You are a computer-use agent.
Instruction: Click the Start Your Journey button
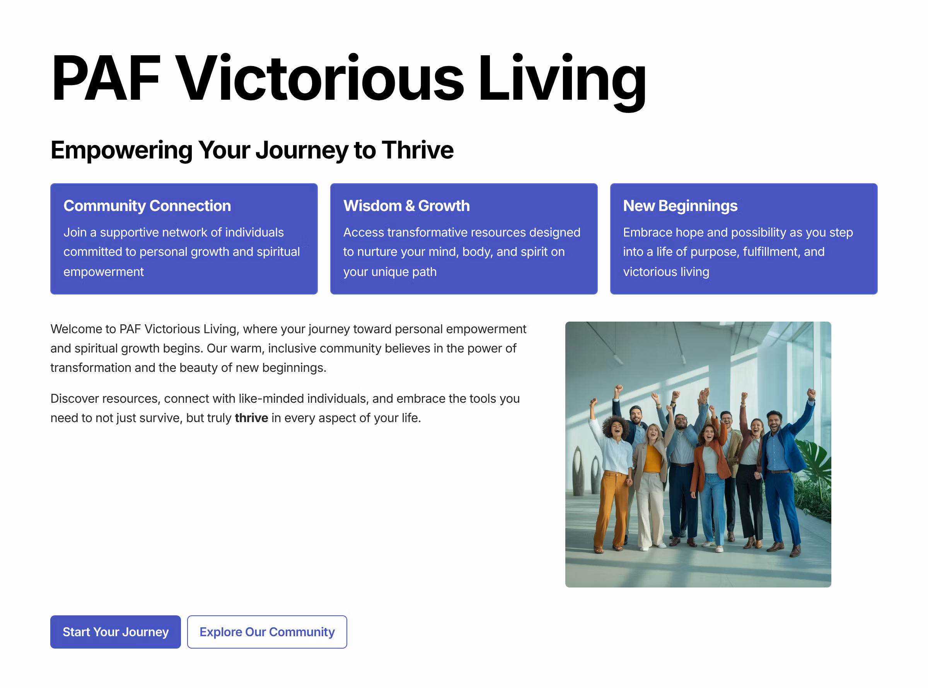coord(115,632)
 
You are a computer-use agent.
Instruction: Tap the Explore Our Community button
coord(267,632)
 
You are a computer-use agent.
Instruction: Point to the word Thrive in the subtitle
coord(417,150)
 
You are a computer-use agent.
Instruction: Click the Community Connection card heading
coord(147,206)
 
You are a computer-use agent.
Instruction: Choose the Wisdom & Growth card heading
coord(406,206)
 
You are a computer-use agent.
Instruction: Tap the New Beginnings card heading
coord(680,206)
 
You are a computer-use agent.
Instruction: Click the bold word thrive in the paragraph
coord(251,418)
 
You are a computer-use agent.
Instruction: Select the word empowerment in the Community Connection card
coord(103,272)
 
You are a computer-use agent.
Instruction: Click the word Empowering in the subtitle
coord(121,150)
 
